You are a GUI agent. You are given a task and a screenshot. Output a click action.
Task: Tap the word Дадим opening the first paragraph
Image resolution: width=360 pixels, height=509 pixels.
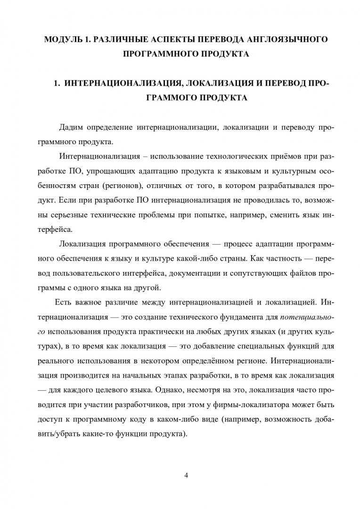tap(72, 128)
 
